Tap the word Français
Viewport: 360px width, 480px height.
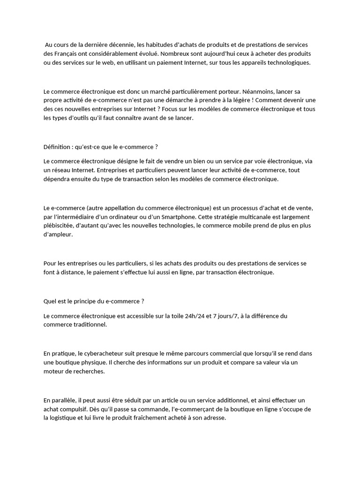(x=64, y=54)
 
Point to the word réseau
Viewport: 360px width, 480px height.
(x=62, y=170)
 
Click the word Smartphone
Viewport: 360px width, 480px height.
(x=176, y=217)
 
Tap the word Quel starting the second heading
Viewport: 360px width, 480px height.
(x=50, y=301)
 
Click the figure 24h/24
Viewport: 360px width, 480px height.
(x=195, y=316)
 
